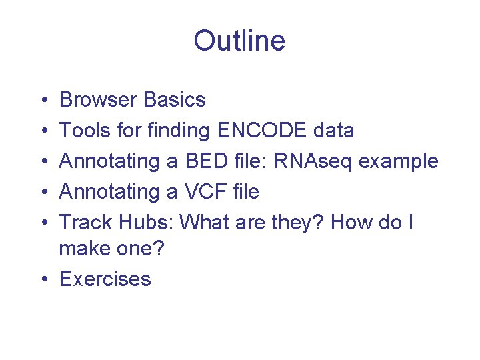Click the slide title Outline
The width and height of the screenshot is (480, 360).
239,41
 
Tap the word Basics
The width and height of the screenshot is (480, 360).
174,100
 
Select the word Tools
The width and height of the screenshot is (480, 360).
83,131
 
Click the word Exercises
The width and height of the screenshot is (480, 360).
105,279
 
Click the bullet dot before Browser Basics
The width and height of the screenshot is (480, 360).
42,101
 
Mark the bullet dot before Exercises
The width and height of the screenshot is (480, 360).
42,279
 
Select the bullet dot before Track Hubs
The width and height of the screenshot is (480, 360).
42,223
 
